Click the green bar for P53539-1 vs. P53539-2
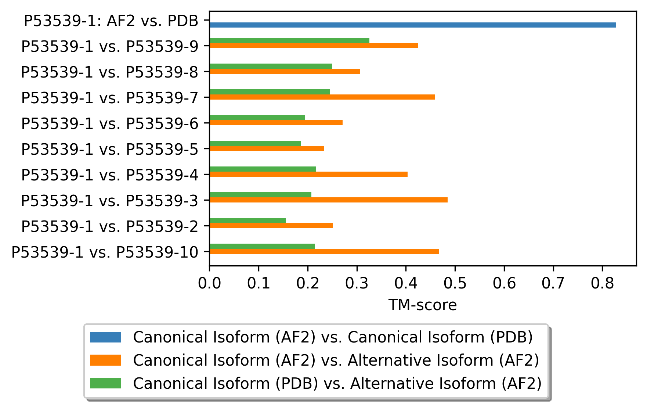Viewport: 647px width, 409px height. [247, 220]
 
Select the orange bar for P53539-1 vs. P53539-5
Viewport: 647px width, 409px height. [267, 148]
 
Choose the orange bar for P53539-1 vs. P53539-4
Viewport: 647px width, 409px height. [308, 174]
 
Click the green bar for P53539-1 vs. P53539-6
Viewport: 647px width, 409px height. [257, 118]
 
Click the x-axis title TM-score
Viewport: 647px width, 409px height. [422, 305]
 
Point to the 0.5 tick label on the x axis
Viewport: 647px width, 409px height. [455, 284]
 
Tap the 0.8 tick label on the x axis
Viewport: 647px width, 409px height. [602, 284]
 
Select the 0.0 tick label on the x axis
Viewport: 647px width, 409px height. [209, 284]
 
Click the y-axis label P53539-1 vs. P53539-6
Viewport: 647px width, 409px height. [110, 123]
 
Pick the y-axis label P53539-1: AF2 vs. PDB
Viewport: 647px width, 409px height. [111, 21]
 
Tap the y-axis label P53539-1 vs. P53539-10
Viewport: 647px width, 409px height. [105, 252]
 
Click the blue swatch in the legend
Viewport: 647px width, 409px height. [105, 337]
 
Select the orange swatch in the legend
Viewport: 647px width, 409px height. [105, 360]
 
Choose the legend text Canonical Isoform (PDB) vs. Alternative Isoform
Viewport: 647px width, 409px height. [337, 383]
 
